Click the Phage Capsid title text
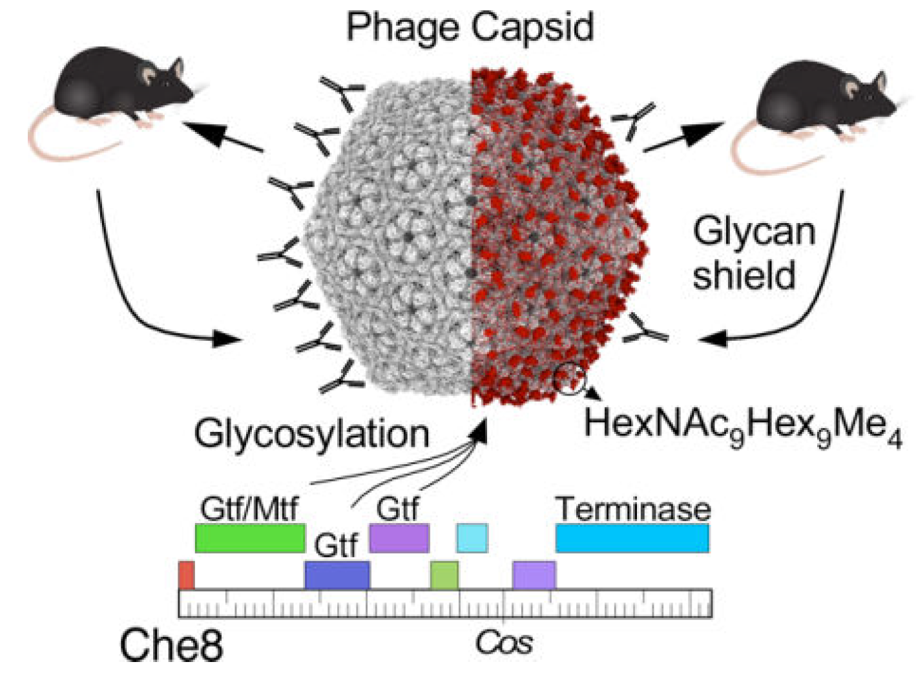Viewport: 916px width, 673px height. pyautogui.click(x=470, y=27)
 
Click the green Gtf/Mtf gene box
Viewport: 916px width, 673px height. pyautogui.click(x=249, y=539)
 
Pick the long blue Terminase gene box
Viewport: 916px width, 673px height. pyautogui.click(x=632, y=539)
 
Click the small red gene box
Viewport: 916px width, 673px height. pyautogui.click(x=186, y=575)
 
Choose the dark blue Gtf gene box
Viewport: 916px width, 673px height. pyautogui.click(x=337, y=575)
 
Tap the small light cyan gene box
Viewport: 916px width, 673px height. pyautogui.click(x=472, y=539)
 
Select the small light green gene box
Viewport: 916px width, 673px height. pyautogui.click(x=444, y=575)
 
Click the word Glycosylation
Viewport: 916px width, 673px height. pyautogui.click(x=311, y=433)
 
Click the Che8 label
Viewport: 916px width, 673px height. pyautogui.click(x=171, y=645)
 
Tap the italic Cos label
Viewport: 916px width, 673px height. pyautogui.click(x=505, y=643)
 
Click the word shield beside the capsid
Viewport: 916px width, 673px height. pyautogui.click(x=744, y=275)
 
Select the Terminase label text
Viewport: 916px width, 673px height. pyautogui.click(x=633, y=509)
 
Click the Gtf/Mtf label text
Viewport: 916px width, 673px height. pyautogui.click(x=249, y=509)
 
